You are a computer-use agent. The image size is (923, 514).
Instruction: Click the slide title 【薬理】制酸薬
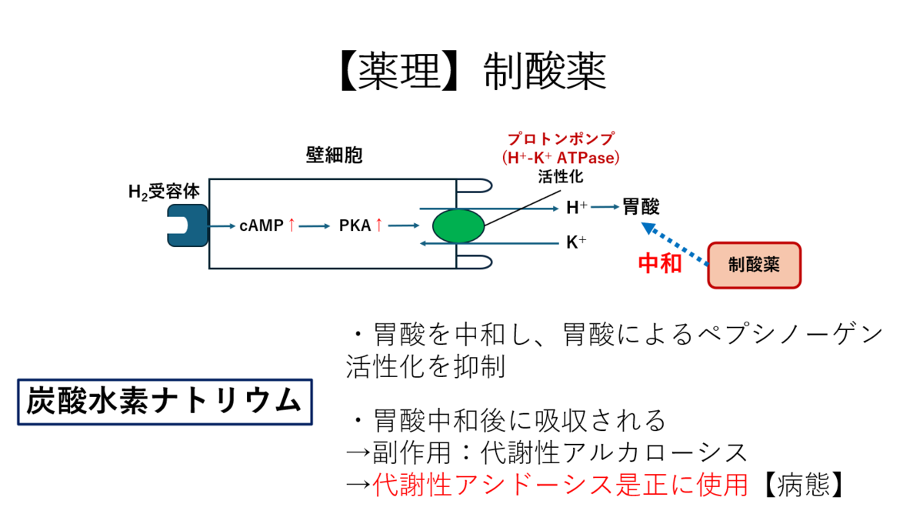(x=474, y=71)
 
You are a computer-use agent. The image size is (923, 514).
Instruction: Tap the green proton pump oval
(x=458, y=226)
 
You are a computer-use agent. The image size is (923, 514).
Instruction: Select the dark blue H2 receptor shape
(x=188, y=225)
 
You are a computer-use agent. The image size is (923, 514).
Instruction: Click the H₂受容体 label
(x=164, y=192)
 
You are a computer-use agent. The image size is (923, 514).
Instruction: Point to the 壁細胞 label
(x=334, y=155)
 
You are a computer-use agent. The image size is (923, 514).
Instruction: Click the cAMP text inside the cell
(x=262, y=225)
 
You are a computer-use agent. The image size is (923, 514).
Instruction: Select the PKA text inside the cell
(x=355, y=225)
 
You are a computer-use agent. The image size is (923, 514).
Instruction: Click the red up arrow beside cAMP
(x=292, y=225)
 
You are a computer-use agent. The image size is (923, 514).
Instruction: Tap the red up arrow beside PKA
(x=379, y=225)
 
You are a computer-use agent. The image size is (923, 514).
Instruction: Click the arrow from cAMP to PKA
(x=315, y=226)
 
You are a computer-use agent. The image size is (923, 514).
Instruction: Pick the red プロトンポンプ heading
(x=561, y=139)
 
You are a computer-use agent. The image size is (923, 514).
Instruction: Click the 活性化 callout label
(x=561, y=177)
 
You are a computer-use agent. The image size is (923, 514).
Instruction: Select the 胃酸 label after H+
(x=641, y=206)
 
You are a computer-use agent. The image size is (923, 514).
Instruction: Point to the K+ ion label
(x=576, y=242)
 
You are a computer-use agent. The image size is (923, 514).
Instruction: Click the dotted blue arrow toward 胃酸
(x=675, y=243)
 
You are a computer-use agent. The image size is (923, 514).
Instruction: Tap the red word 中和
(x=660, y=263)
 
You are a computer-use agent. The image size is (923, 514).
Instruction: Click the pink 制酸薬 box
(x=754, y=265)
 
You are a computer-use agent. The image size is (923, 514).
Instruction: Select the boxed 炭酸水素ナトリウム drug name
(x=165, y=402)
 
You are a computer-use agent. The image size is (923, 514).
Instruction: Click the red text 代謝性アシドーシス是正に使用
(x=561, y=485)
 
